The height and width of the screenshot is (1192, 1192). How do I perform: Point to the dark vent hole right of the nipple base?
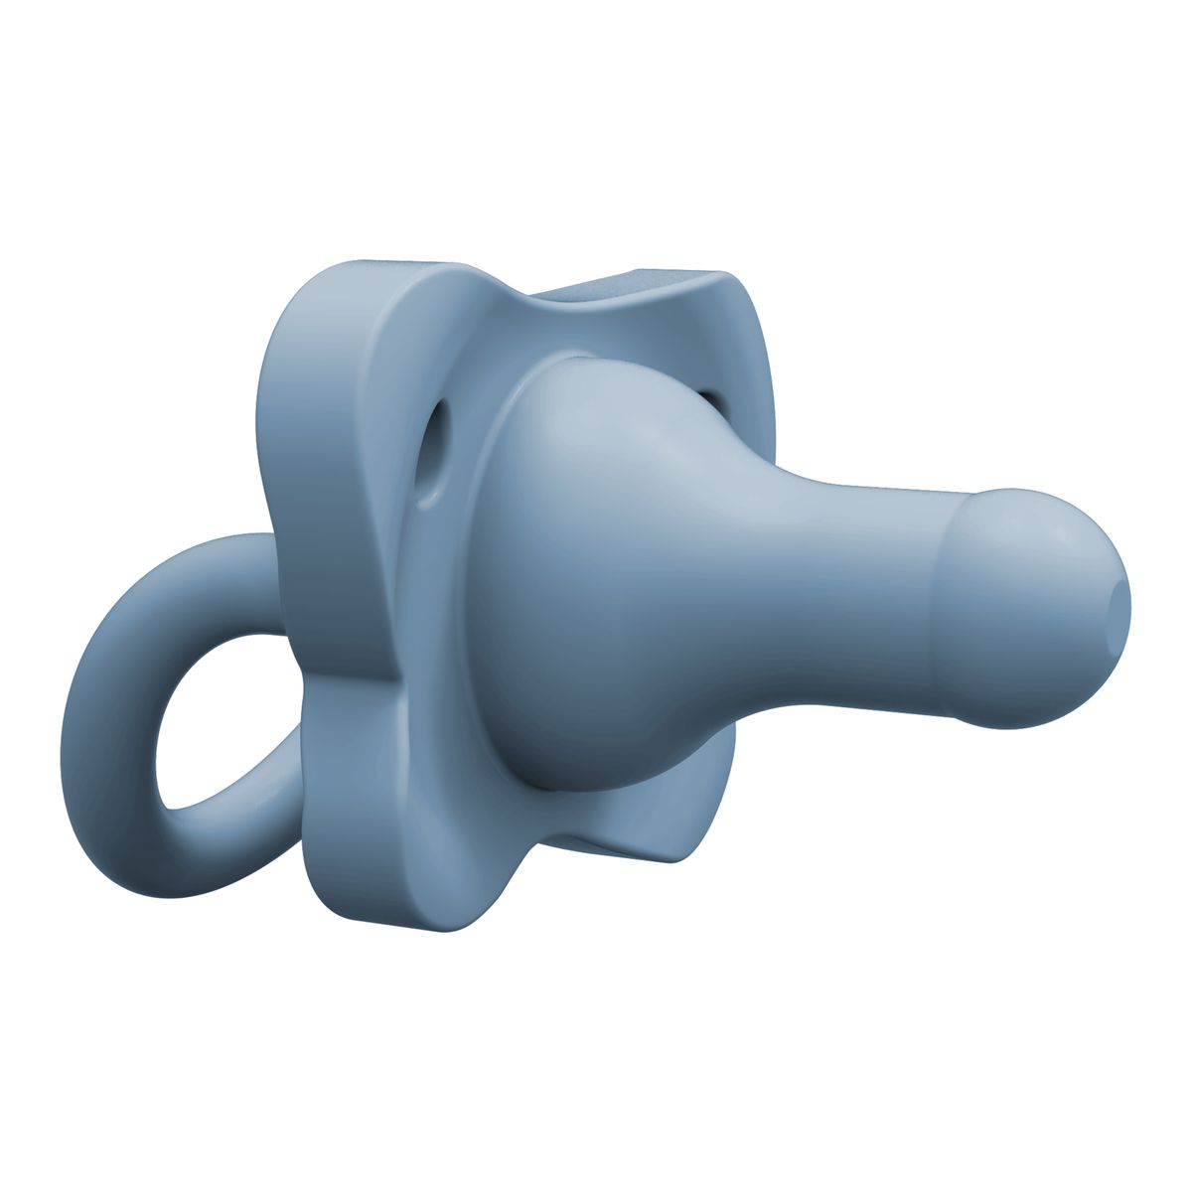[x=707, y=400]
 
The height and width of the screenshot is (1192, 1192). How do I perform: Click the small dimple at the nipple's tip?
[x=1119, y=597]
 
